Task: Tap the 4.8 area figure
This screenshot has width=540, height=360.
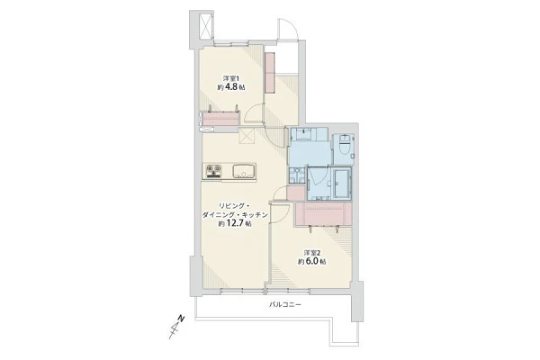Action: click(232, 86)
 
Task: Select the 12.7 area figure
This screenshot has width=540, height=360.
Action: click(235, 223)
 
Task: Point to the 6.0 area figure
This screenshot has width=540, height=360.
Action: click(312, 262)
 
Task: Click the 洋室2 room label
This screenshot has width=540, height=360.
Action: click(312, 253)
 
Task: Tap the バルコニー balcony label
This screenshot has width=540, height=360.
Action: click(284, 305)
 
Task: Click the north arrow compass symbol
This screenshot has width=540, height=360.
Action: click(176, 327)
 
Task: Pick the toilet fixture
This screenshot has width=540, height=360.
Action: click(345, 145)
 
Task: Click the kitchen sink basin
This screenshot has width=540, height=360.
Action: click(244, 171)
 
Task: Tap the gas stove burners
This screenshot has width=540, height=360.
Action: click(213, 171)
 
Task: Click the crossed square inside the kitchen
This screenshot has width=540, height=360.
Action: click(247, 135)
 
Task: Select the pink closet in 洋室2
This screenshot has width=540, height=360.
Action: click(323, 214)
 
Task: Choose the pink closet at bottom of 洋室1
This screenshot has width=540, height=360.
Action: click(220, 118)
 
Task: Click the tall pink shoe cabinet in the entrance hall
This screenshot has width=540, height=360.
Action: click(270, 72)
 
